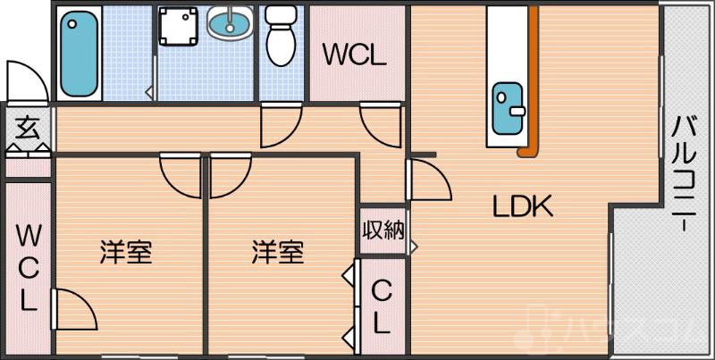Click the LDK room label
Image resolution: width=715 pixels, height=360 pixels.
coord(525,206)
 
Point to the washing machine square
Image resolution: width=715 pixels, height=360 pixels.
coord(179,27)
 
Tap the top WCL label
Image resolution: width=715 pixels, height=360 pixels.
coord(355,55)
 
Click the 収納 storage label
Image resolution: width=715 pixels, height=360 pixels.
coord(383,230)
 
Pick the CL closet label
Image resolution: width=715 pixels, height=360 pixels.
coord(382,306)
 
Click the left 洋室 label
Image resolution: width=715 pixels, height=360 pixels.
coord(125,253)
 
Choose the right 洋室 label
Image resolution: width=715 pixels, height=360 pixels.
coord(277,253)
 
